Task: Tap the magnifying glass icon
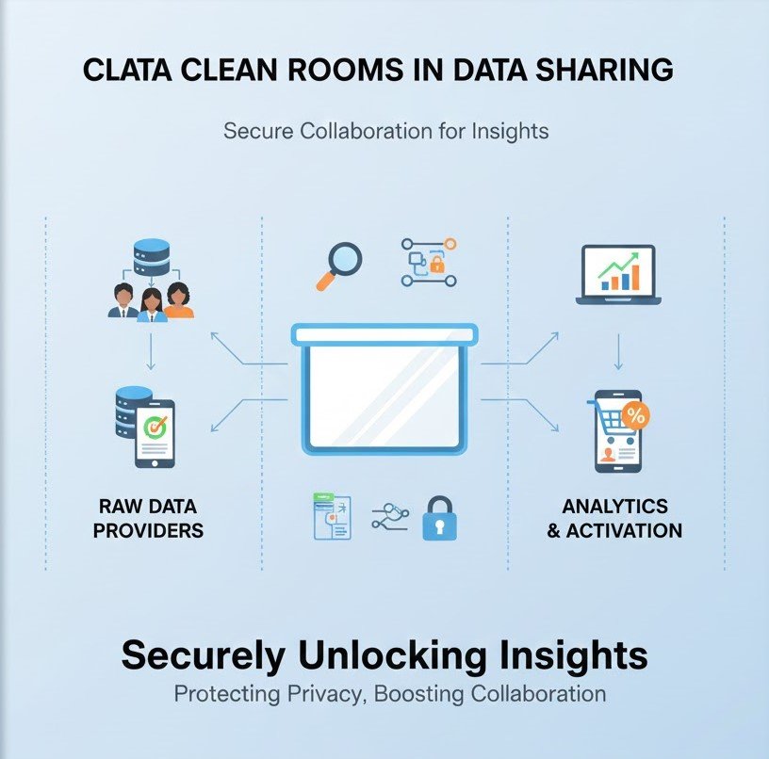[337, 265]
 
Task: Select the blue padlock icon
[439, 518]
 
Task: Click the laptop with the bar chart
[618, 275]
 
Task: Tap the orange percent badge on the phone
[635, 415]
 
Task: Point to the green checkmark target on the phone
[155, 427]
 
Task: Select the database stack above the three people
[151, 260]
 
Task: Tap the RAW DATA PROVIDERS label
[151, 519]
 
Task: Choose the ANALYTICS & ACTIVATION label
[614, 519]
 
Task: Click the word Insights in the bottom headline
[568, 654]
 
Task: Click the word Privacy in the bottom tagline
[324, 695]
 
